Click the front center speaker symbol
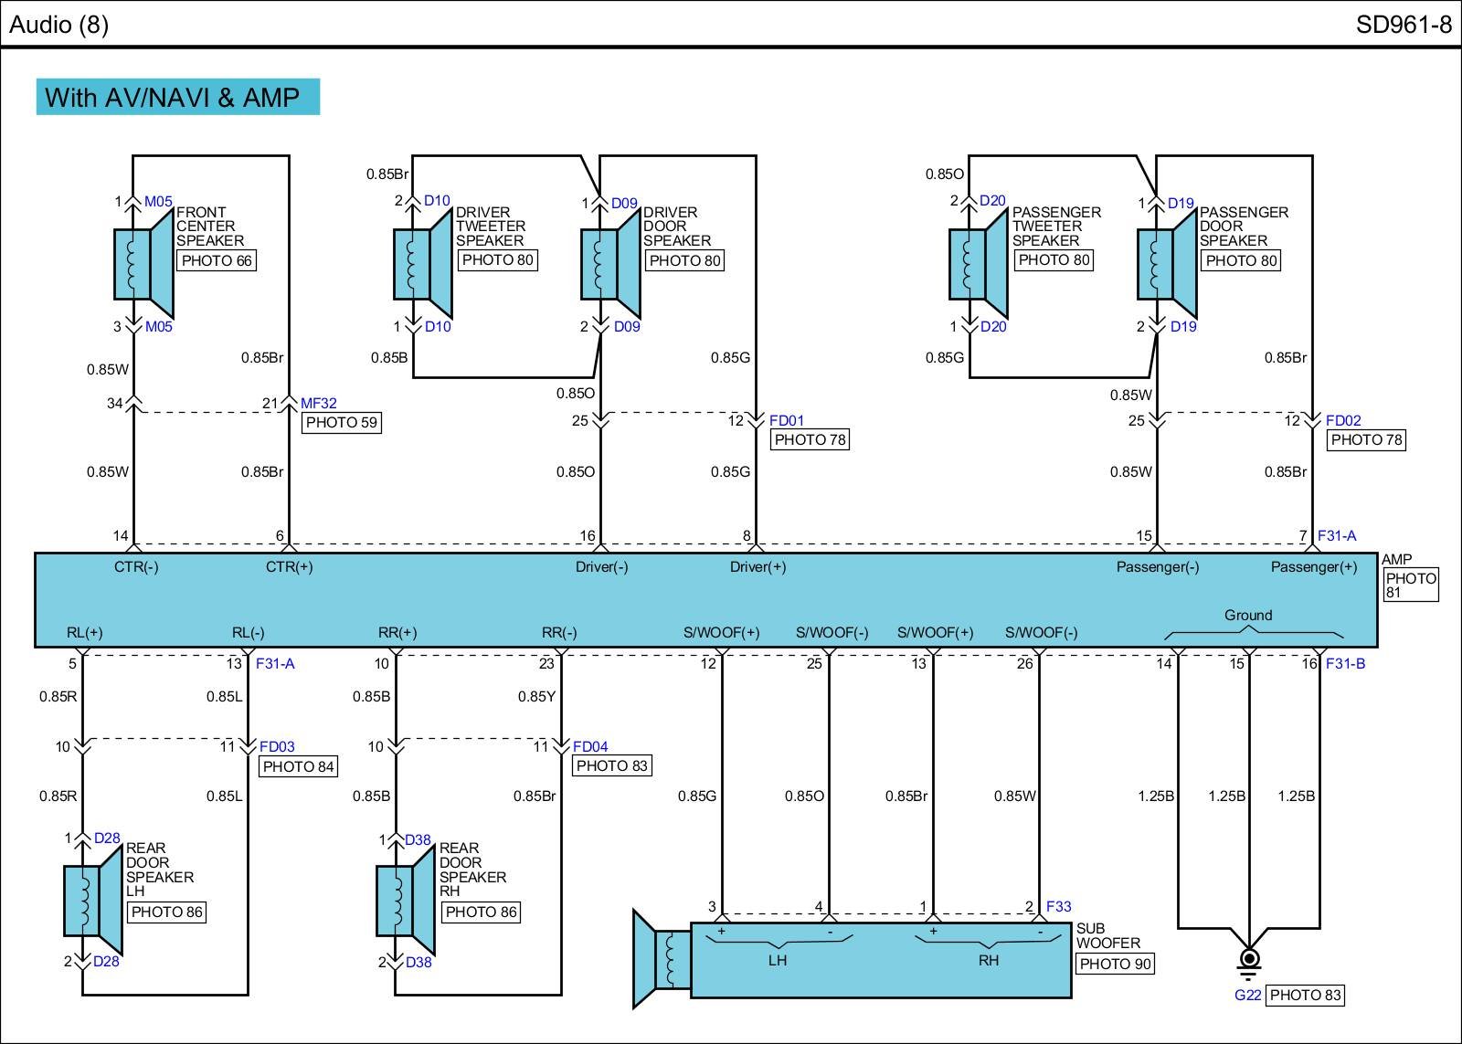(x=143, y=264)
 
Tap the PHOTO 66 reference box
(x=217, y=260)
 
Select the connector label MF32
(x=319, y=403)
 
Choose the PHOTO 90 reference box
(x=1115, y=964)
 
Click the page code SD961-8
(x=1404, y=25)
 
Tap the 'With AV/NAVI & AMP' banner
(x=178, y=97)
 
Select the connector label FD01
(x=787, y=421)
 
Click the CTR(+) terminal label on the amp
(x=289, y=567)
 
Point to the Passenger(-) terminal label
(x=1158, y=567)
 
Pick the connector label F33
(x=1058, y=907)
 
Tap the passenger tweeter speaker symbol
(x=978, y=264)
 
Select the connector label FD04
(x=590, y=747)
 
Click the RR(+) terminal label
(x=397, y=632)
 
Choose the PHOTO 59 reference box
(x=341, y=423)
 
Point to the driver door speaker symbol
(x=611, y=264)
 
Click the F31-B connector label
(x=1345, y=664)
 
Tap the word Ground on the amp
(x=1248, y=616)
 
